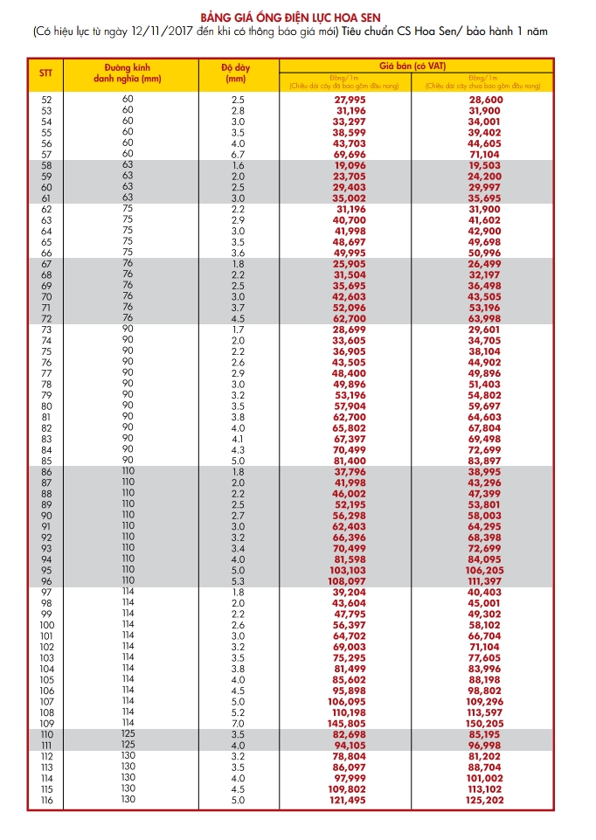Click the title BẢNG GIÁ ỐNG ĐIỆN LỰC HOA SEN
[296, 17]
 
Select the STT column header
[45, 73]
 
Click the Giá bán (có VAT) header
[414, 66]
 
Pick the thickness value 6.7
[238, 154]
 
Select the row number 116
[47, 800]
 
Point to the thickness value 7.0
[238, 724]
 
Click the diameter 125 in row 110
[128, 734]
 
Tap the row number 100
[47, 626]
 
